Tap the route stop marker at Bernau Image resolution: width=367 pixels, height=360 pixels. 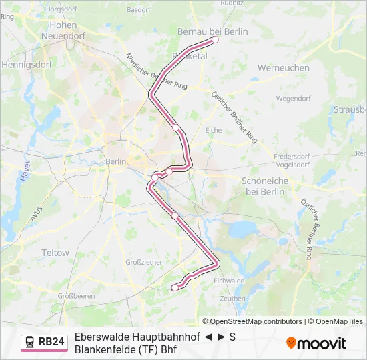[x=215, y=39]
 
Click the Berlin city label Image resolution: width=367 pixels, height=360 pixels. [x=115, y=161]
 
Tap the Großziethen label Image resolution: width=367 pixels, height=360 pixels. [x=145, y=262]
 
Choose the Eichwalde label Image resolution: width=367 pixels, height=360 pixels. [x=229, y=281]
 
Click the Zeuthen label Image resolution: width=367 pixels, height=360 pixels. [x=232, y=299]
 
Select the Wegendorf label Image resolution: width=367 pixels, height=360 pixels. [x=294, y=98]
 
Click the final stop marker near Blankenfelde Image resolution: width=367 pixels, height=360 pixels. [x=175, y=287]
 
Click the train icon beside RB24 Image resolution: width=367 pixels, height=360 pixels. [x=30, y=342]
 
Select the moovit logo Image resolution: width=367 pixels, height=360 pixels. [x=316, y=343]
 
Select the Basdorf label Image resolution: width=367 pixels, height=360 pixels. [x=138, y=10]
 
